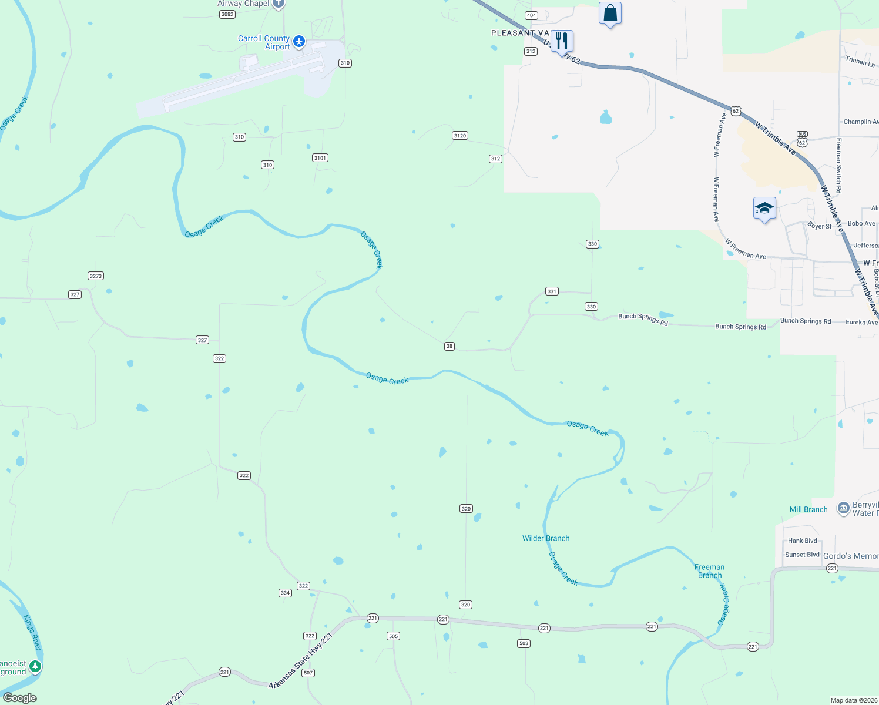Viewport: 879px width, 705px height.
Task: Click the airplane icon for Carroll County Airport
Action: coord(299,41)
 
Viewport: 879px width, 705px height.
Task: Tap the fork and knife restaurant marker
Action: coord(562,41)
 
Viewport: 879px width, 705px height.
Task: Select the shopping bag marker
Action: coord(610,13)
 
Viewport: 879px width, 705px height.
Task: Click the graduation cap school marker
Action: coord(764,209)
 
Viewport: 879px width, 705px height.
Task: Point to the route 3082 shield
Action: coord(227,14)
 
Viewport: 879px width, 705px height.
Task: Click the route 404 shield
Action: coord(531,15)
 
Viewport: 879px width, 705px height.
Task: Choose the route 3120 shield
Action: coord(460,136)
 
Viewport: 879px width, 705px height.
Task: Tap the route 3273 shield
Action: coord(96,276)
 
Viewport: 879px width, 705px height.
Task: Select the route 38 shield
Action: coord(449,346)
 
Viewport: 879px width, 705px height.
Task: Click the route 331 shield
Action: coord(551,291)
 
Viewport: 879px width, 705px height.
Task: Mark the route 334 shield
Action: coord(285,593)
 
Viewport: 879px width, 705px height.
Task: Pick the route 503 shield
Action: coord(524,643)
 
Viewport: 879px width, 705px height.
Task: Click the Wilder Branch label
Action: coord(546,538)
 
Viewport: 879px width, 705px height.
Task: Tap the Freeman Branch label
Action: coord(709,571)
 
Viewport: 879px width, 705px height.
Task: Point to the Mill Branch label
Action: coord(808,509)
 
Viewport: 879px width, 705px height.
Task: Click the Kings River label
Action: coord(32,632)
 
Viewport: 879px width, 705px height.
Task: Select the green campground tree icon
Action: coord(35,666)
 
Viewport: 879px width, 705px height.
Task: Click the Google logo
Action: coord(20,698)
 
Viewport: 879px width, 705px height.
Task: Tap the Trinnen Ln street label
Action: coord(860,61)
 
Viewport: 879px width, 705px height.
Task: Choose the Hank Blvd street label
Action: coord(802,540)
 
